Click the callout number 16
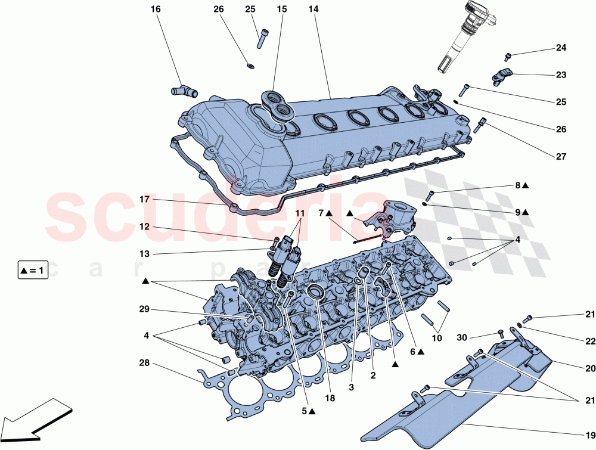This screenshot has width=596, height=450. [x=156, y=10]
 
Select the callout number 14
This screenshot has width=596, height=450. [x=313, y=10]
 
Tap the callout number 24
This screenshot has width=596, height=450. [x=561, y=48]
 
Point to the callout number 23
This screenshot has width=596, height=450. [x=561, y=75]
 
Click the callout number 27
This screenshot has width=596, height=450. [x=561, y=157]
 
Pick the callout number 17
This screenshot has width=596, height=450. [x=145, y=199]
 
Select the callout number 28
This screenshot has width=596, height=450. [x=145, y=363]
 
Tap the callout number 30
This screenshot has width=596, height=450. [x=462, y=337]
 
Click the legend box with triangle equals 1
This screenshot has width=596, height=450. [x=32, y=271]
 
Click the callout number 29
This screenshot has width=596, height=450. [x=145, y=309]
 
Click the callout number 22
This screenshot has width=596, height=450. [x=590, y=342]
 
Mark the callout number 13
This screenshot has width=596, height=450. [x=145, y=254]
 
